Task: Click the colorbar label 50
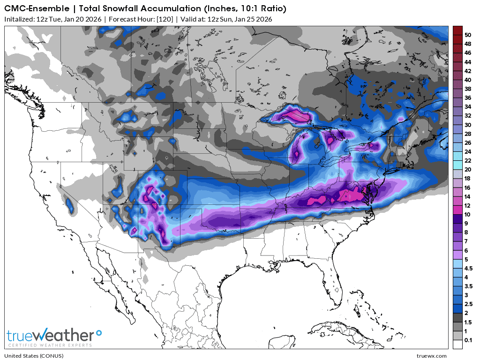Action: tap(468, 35)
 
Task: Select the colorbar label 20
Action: tap(468, 169)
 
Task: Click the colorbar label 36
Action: tap(468, 97)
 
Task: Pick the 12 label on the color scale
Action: tap(468, 205)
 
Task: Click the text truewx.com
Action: tap(432, 356)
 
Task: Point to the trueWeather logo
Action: tap(51, 336)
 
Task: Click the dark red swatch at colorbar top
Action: tap(457, 30)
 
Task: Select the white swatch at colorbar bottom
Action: tap(457, 344)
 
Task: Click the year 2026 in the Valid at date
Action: tap(263, 19)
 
